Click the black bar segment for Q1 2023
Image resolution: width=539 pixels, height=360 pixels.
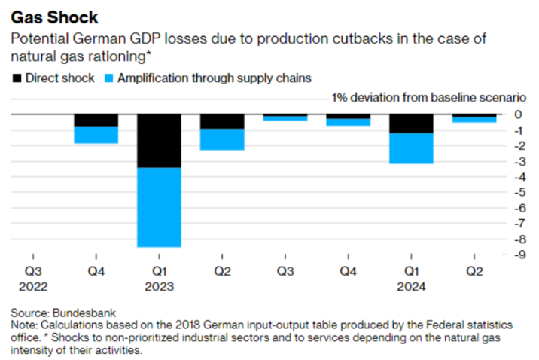pyautogui.click(x=159, y=141)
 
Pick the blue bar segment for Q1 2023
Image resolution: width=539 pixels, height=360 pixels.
pyautogui.click(x=159, y=207)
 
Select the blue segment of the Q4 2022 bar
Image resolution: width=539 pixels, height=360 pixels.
pyautogui.click(x=96, y=134)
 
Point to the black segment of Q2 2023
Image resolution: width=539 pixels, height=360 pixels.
pyautogui.click(x=222, y=121)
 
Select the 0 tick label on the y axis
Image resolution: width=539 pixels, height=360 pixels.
pyautogui.click(x=518, y=114)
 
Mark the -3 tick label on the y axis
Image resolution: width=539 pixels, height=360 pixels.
pyautogui.click(x=518, y=161)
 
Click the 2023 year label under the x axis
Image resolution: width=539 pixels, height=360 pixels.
pyautogui.click(x=159, y=287)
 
